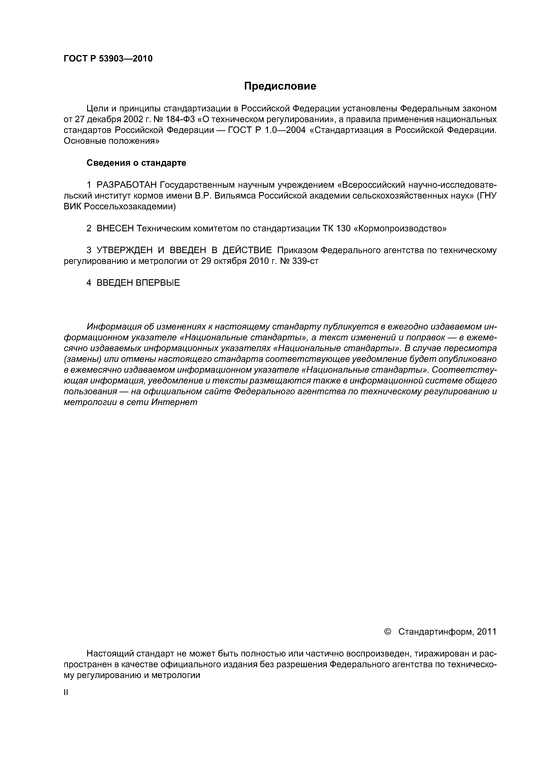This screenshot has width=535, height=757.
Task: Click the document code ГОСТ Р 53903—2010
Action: coord(108,59)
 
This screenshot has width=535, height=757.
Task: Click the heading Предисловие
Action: coord(280,86)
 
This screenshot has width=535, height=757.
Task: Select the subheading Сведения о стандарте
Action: coord(136,163)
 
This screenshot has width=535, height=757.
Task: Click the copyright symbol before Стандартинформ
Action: coord(388,631)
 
